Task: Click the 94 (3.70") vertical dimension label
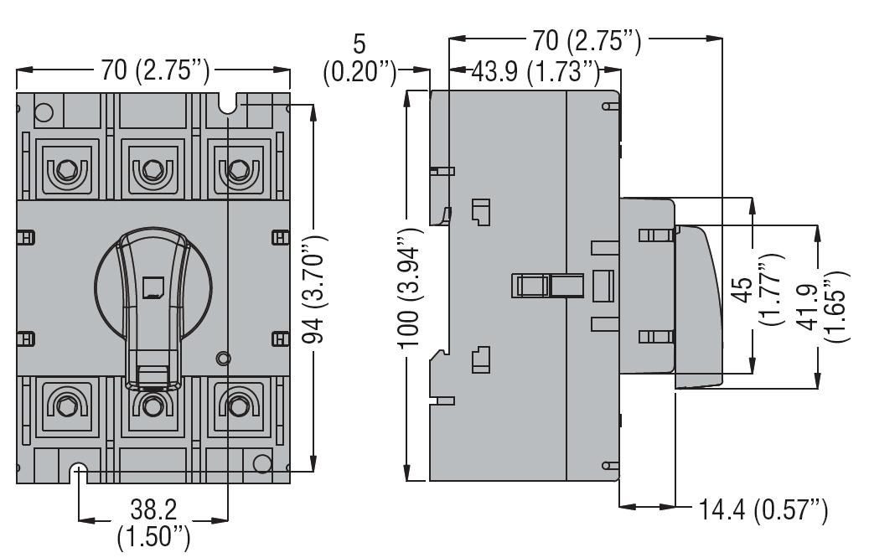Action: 315,289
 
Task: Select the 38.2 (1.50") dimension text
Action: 153,523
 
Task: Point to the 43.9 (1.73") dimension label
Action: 535,72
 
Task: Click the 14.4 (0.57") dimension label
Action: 763,509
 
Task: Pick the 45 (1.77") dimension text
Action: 758,289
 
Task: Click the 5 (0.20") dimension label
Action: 359,58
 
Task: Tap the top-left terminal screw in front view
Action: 67,169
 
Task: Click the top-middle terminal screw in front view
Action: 153,169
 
